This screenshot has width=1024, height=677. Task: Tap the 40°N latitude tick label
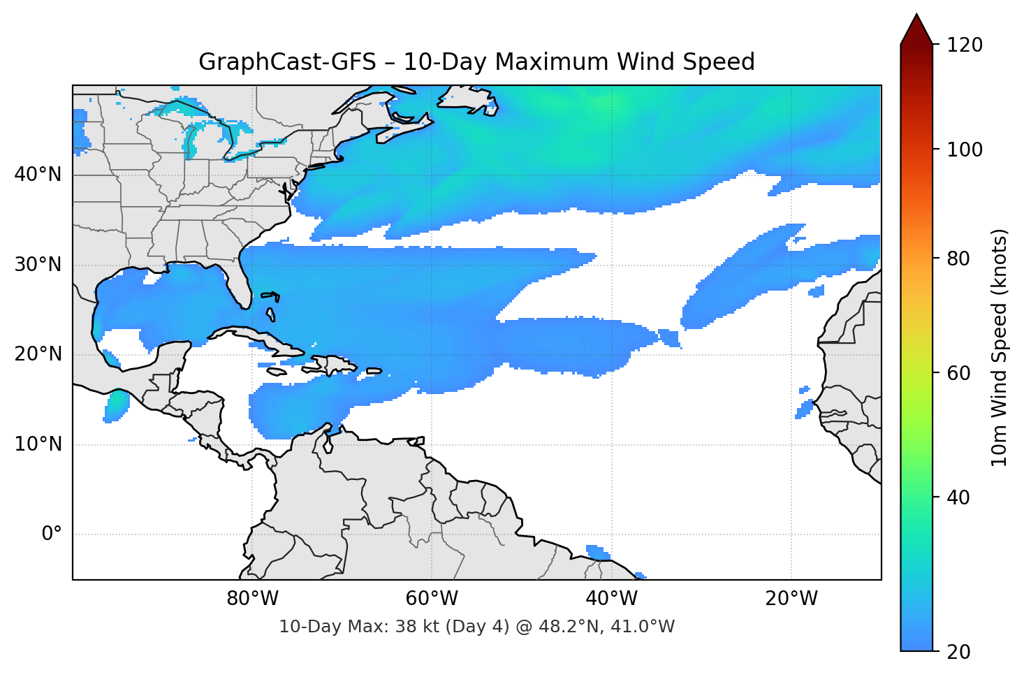[x=38, y=175]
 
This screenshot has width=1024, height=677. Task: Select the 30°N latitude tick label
[x=38, y=265]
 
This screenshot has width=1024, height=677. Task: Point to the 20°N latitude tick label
[x=38, y=354]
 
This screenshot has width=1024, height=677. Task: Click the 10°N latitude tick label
[x=38, y=444]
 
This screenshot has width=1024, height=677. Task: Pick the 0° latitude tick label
[x=52, y=534]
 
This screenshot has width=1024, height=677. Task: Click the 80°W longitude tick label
[x=252, y=599]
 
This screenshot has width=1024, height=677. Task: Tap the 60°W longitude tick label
[x=432, y=599]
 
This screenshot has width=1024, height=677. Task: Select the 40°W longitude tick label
[x=611, y=599]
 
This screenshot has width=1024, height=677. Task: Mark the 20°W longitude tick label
[x=791, y=599]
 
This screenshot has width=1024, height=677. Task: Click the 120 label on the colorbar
[x=965, y=45]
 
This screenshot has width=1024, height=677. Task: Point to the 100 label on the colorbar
[x=965, y=150]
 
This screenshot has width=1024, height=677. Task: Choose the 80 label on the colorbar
[x=958, y=259]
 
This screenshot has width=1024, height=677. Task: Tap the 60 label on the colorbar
[x=958, y=373]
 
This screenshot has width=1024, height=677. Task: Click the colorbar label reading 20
[x=958, y=652]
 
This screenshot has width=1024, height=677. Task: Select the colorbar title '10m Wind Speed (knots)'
[x=1000, y=348]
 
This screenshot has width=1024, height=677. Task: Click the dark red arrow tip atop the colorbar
[x=916, y=28]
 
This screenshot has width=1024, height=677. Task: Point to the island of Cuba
[x=258, y=338]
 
